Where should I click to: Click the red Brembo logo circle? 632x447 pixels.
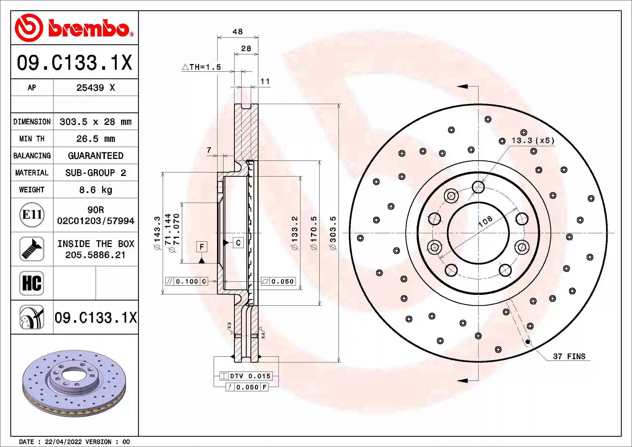(x=29, y=28)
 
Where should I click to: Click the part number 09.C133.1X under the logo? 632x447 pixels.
(x=74, y=62)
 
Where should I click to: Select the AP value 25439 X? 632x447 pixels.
(x=95, y=88)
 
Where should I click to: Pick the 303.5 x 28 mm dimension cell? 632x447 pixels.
(x=95, y=122)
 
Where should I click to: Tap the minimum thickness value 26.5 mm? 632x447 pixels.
(x=95, y=139)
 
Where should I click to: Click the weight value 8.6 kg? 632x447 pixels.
(x=95, y=190)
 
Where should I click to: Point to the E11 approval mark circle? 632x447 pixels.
(x=32, y=215)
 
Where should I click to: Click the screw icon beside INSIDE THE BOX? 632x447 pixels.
(x=32, y=249)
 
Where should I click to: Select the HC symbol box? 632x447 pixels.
(x=32, y=283)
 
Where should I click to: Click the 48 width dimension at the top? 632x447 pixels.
(x=238, y=32)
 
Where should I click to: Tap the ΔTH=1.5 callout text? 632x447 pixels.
(x=202, y=67)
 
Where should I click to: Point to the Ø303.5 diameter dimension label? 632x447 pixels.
(x=333, y=233)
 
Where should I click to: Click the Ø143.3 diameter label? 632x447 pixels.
(x=157, y=233)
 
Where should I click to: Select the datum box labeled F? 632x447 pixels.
(x=202, y=247)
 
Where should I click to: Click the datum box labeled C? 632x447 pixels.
(x=238, y=242)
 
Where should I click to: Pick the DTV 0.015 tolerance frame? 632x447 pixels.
(x=246, y=376)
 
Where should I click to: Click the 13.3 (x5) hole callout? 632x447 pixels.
(x=533, y=141)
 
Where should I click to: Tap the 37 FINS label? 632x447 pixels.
(x=569, y=356)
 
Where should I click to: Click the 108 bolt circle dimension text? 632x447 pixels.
(x=485, y=221)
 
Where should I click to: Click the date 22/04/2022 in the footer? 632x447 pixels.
(x=63, y=442)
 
